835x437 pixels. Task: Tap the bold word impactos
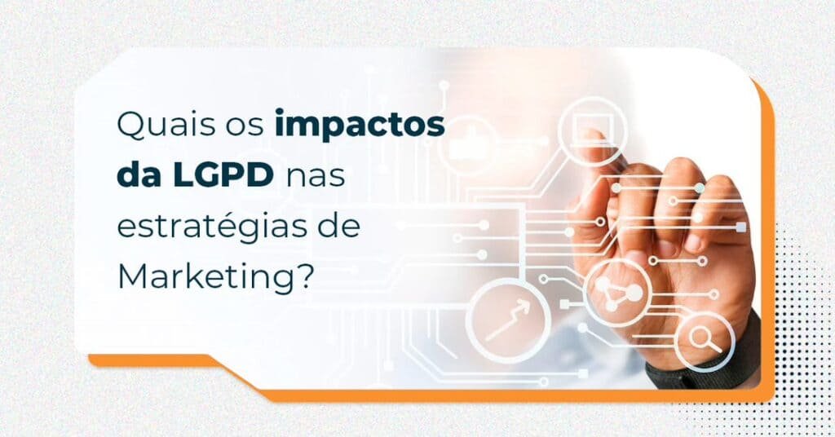click(x=360, y=126)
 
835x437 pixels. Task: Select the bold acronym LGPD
click(x=222, y=176)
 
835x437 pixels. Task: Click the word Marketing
click(x=205, y=276)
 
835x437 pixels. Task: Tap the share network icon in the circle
click(x=618, y=294)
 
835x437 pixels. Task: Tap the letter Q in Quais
click(x=131, y=126)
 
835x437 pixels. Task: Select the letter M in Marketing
click(x=131, y=276)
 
